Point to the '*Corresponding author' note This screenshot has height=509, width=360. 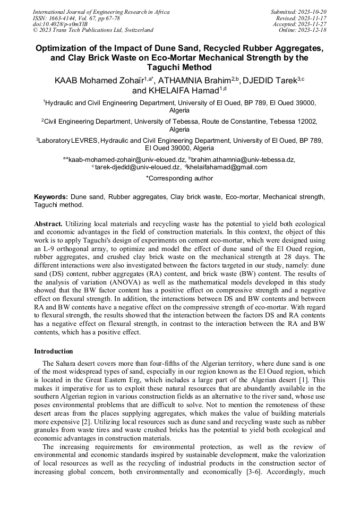tap(179, 178)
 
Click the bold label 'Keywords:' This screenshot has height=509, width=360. tap(51, 197)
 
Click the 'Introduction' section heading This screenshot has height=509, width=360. tap(54, 351)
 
